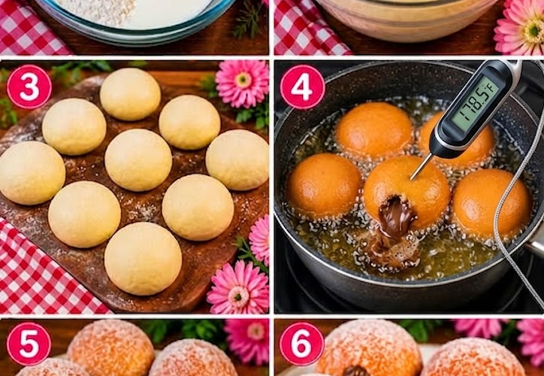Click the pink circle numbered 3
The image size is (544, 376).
pos(29,86)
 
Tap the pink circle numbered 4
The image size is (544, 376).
pos(302,86)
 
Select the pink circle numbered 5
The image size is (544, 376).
pos(29,344)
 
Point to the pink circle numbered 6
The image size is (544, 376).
pos(301,344)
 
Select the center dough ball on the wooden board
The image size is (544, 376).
pos(138,160)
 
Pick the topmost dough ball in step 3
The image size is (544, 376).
pos(131,94)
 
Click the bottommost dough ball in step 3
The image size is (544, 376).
pos(143,259)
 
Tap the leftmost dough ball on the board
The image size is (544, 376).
pos(32,173)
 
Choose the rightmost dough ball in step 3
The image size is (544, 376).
pos(237,159)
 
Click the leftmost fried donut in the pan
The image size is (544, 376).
pos(323,186)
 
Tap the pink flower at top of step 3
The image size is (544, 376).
pos(243,83)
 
